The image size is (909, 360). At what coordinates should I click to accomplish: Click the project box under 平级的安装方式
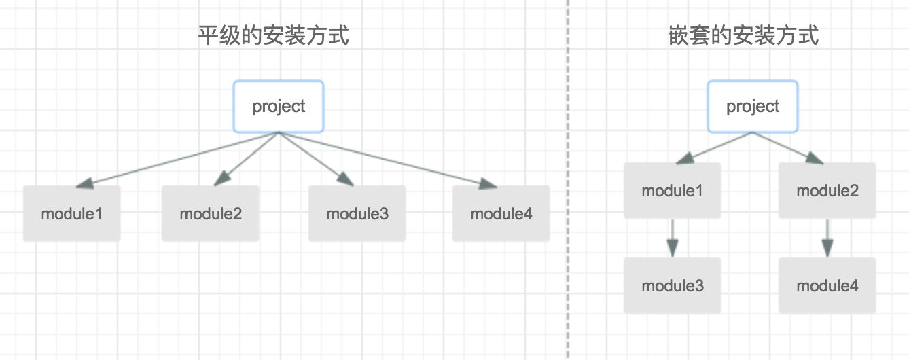279,107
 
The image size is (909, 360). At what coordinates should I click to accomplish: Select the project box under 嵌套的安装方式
753,107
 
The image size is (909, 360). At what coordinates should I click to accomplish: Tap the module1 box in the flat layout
72,214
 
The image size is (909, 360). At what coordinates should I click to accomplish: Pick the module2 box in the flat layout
211,214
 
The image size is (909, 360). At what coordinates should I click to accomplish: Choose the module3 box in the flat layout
357,214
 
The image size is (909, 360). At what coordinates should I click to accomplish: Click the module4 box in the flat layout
501,214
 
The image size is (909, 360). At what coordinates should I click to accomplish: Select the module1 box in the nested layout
673,191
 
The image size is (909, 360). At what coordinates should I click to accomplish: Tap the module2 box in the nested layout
827,191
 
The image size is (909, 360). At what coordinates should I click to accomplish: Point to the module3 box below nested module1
673,286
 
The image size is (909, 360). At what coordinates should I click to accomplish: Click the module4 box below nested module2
827,286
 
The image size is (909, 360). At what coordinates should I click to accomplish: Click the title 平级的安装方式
274,35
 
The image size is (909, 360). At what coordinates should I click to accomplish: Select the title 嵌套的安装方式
744,35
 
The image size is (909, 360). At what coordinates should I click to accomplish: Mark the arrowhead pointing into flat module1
85,183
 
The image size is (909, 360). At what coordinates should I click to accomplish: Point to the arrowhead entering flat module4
487,183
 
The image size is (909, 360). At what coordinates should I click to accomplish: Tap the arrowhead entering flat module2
221,179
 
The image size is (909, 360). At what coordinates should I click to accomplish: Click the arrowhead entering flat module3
345,179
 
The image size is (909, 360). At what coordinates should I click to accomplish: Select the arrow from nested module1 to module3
673,238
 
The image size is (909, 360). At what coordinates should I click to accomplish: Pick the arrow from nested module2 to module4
827,238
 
